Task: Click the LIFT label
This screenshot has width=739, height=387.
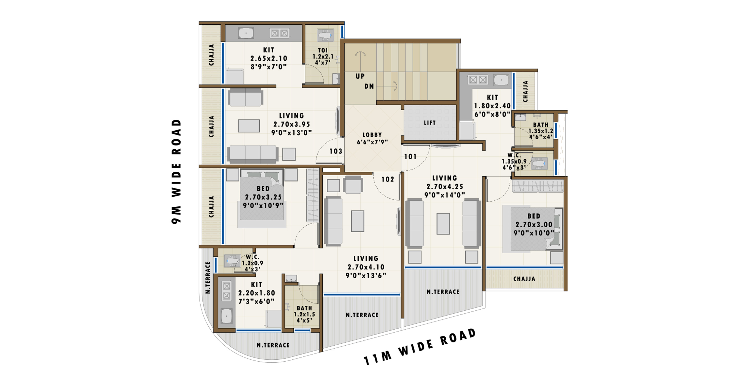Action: point(429,123)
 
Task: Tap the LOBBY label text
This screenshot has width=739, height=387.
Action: point(372,135)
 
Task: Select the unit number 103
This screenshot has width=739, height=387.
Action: point(336,151)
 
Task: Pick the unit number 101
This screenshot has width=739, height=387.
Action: point(410,156)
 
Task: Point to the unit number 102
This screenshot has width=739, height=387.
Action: point(387,179)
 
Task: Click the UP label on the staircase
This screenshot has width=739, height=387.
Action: point(360,76)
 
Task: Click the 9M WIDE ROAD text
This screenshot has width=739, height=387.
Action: point(176,171)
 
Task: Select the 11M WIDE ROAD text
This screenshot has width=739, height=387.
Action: point(420,347)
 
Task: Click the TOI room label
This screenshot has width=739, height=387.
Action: point(323,50)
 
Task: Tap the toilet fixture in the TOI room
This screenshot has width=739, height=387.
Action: point(325,35)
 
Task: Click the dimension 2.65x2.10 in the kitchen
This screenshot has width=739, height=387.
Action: point(269,58)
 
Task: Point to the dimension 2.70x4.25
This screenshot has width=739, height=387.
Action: point(445,186)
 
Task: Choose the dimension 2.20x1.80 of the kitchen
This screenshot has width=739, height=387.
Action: point(256,293)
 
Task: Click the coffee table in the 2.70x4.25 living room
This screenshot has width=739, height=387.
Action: point(443,223)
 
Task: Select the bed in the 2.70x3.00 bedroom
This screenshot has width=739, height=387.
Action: point(533,229)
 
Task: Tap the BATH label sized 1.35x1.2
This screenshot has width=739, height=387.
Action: point(540,125)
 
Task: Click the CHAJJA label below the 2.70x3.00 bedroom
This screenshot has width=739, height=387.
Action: point(524,279)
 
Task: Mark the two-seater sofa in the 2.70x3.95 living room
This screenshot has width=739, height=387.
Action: point(246,98)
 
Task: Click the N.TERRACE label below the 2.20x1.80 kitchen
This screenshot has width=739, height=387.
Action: point(273,345)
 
